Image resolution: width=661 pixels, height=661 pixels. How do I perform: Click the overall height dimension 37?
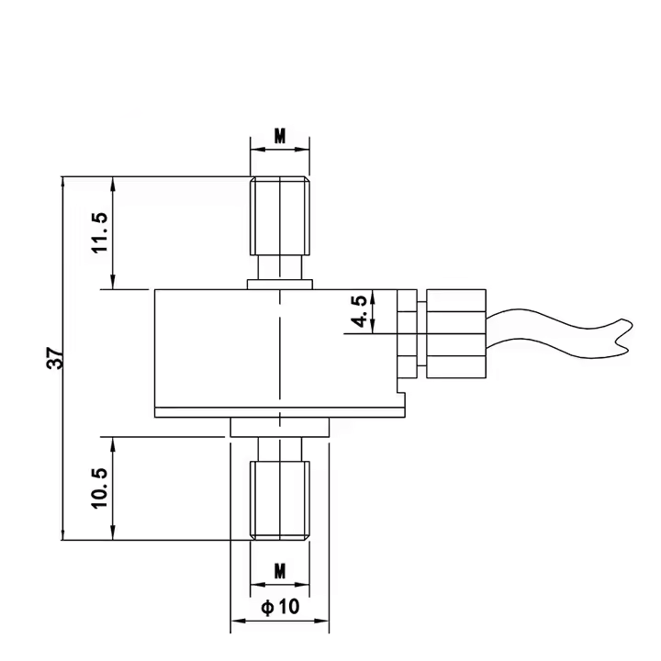56,358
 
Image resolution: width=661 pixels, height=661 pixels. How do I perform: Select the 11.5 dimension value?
99,232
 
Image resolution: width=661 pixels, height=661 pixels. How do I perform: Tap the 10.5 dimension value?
99,487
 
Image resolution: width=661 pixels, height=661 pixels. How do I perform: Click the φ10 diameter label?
280,607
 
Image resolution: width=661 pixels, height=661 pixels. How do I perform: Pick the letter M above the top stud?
280,137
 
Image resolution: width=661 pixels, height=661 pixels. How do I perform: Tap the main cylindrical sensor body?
275,349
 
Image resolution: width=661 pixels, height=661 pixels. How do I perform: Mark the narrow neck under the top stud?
280,269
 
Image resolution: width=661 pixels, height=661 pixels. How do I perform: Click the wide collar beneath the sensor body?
280,428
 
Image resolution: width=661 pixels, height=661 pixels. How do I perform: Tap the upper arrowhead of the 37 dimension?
62,182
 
